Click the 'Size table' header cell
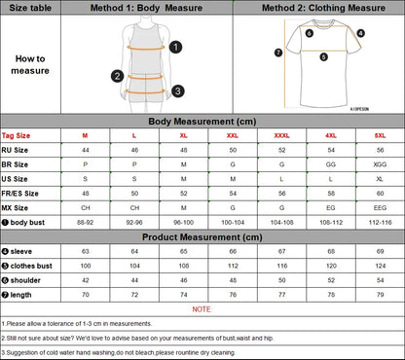(x=29, y=8)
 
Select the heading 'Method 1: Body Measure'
(x=146, y=8)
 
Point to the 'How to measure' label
(x=29, y=64)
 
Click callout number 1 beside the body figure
(x=175, y=46)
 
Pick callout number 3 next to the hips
(x=178, y=91)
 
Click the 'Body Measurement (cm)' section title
(x=202, y=122)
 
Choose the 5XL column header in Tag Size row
(x=380, y=136)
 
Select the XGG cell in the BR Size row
(x=380, y=165)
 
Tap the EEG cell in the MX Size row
(x=380, y=207)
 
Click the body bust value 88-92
(x=85, y=222)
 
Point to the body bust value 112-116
(x=380, y=222)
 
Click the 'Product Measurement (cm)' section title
(x=202, y=236)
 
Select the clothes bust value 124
(x=380, y=265)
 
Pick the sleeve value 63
(x=85, y=251)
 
